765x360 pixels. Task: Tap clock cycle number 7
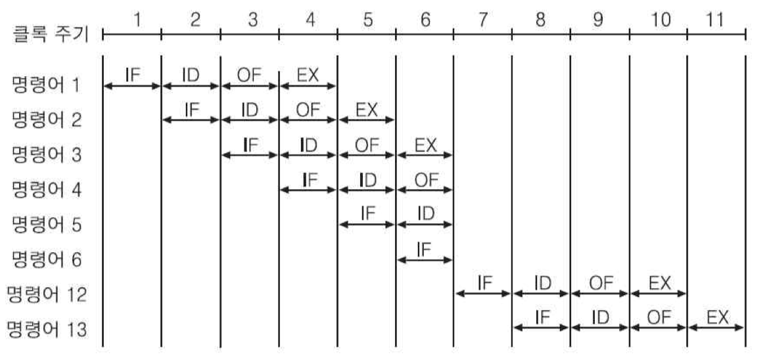pos(482,20)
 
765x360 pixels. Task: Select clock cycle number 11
pos(716,20)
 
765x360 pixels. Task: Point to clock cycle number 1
pos(137,20)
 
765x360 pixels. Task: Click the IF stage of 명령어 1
pos(132,74)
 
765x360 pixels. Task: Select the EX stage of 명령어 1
pos(308,74)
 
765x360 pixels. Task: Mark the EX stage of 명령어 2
pos(366,109)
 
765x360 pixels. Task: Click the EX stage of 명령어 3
pos(425,144)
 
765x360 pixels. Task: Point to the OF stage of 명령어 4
pos(425,179)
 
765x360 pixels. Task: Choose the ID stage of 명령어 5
pos(425,214)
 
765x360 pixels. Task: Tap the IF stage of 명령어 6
pos(425,248)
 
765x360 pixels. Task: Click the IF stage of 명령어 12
pos(484,282)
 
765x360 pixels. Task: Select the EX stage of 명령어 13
pos(717,317)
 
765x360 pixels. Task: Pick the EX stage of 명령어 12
pos(659,282)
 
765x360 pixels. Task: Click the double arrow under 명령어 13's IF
pos(541,327)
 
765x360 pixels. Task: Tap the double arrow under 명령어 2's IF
pos(191,120)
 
